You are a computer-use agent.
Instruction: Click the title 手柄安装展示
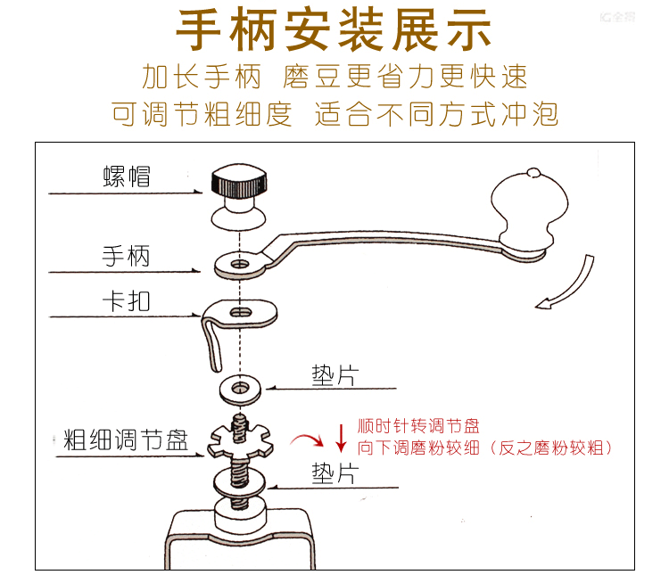pyautogui.click(x=334, y=31)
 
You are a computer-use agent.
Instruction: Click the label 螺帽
pyautogui.click(x=126, y=177)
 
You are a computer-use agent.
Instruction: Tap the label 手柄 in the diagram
pyautogui.click(x=126, y=257)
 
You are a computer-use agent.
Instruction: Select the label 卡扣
pyautogui.click(x=126, y=300)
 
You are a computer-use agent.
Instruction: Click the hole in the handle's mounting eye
pyautogui.click(x=238, y=264)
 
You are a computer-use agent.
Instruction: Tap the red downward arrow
pyautogui.click(x=340, y=437)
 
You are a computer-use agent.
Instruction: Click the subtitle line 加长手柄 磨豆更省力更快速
pyautogui.click(x=334, y=77)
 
